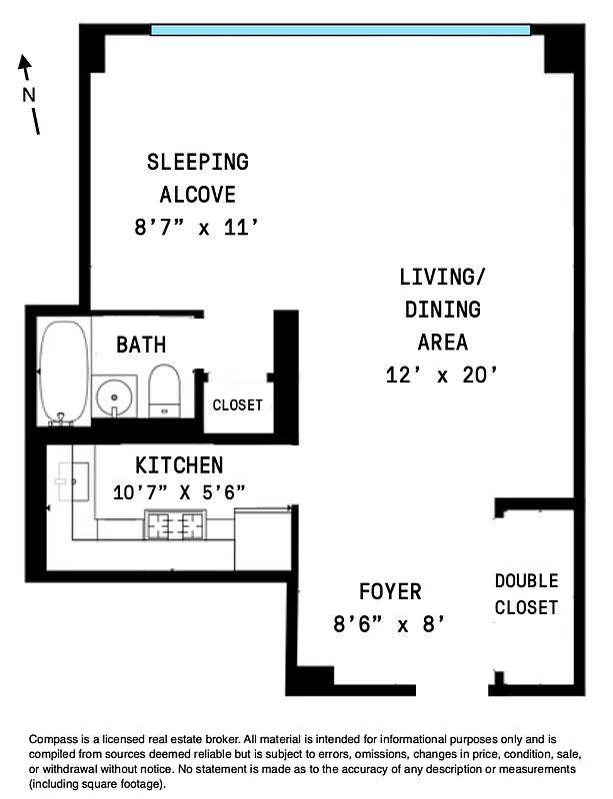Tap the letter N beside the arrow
(28, 95)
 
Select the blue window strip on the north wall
(340, 30)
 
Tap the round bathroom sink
(115, 397)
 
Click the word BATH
(141, 346)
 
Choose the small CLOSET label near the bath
(238, 404)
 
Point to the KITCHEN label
(179, 464)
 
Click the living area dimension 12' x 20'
(441, 376)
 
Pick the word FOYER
(390, 591)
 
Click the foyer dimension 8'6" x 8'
(388, 625)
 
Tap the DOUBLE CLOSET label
(526, 593)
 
